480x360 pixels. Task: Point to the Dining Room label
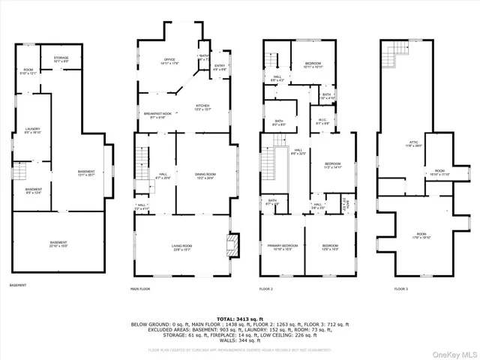(x=205, y=175)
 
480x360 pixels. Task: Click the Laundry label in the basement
(x=32, y=129)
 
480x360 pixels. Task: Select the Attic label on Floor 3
(x=413, y=142)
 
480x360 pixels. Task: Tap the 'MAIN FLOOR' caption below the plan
(x=140, y=289)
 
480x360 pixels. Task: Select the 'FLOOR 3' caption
(x=403, y=289)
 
